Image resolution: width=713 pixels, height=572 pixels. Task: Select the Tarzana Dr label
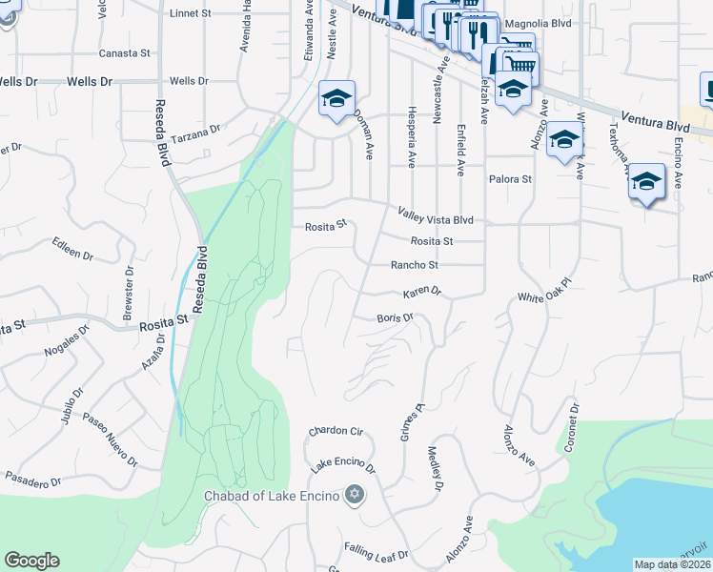pos(198,127)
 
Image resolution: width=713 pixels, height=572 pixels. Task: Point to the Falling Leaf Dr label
pos(377,554)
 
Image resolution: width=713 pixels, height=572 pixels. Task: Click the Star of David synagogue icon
pos(355,495)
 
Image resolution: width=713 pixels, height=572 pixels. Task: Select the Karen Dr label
pos(423,291)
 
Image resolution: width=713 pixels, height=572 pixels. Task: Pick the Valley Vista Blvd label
pos(435,219)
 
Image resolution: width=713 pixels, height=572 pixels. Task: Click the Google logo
pos(31,561)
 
